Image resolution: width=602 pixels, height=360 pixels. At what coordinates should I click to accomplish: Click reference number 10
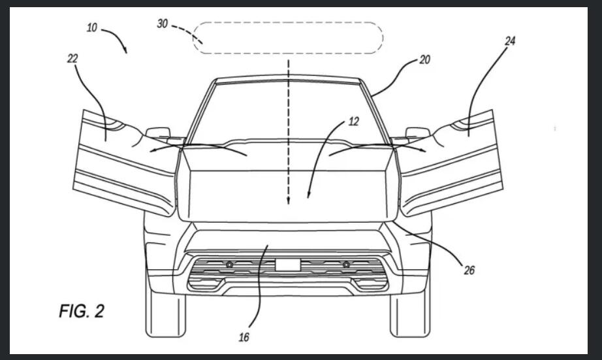click(92, 29)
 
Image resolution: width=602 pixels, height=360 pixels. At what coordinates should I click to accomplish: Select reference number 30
click(163, 24)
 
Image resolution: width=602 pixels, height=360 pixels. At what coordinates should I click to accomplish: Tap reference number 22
click(72, 59)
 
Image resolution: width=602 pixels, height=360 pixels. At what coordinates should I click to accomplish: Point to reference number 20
click(424, 59)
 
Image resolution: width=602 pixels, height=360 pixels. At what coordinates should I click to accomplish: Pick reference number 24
click(510, 41)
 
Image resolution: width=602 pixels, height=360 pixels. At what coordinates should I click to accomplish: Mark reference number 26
click(469, 269)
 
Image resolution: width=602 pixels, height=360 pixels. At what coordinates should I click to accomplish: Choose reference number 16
click(244, 337)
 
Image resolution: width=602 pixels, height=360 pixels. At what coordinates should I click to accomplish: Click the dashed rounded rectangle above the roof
click(288, 38)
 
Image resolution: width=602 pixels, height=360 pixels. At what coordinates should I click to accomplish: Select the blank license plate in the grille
click(288, 265)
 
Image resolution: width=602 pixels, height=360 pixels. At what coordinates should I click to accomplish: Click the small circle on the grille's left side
click(230, 264)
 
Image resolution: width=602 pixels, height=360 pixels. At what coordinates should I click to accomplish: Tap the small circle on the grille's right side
click(346, 264)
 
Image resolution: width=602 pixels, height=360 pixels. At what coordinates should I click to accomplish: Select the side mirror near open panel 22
click(157, 133)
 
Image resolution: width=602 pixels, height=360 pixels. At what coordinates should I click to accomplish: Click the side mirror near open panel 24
click(417, 133)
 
